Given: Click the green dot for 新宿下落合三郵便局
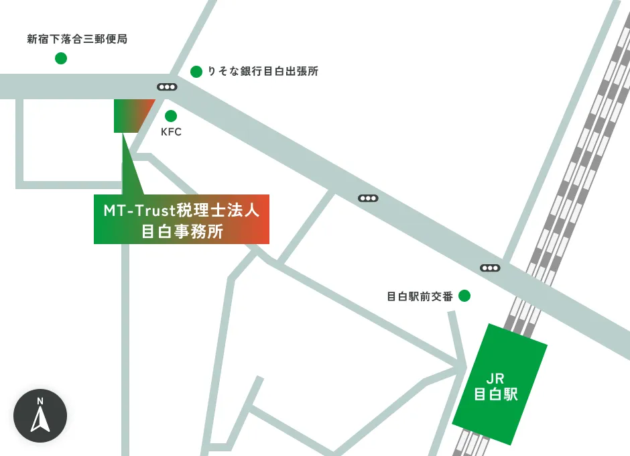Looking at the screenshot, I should pos(61,58).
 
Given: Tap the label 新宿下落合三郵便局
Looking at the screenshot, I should pos(77,40).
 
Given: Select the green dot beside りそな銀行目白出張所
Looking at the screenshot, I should pos(196,71).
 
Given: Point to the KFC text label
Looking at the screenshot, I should pos(171,132).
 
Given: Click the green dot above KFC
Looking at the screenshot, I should pos(171,115).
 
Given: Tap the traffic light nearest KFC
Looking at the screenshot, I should pos(167,87).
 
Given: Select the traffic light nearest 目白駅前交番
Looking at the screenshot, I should pos(490,268).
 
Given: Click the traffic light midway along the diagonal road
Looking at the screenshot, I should pos(368,198).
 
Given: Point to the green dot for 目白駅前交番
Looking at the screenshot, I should pos(464,295).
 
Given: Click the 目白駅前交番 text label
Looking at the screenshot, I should pos(420,296).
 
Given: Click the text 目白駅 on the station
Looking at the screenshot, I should pos(496,394).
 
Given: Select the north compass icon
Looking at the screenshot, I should pos(40,416).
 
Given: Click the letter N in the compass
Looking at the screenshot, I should pos(40,402).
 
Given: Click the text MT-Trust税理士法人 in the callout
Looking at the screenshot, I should pos(181,211).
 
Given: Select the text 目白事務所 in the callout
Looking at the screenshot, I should pos(181,231).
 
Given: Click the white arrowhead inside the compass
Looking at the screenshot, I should pos(40,421).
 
